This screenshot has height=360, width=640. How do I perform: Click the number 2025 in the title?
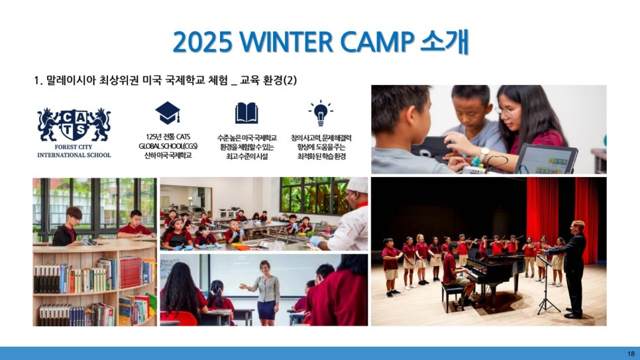203,42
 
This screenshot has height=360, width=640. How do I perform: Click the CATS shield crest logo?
74,125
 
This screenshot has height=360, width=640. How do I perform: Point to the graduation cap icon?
168,113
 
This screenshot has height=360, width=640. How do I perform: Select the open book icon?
246,113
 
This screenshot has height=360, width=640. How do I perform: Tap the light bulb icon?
321,113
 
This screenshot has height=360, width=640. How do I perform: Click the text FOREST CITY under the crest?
74,147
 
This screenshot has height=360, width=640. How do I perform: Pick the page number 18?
631,353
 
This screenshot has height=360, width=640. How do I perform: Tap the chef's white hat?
358,185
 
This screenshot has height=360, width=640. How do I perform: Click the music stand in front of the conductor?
547,286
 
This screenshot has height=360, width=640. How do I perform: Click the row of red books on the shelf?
130,271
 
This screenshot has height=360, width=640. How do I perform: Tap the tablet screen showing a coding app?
547,161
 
